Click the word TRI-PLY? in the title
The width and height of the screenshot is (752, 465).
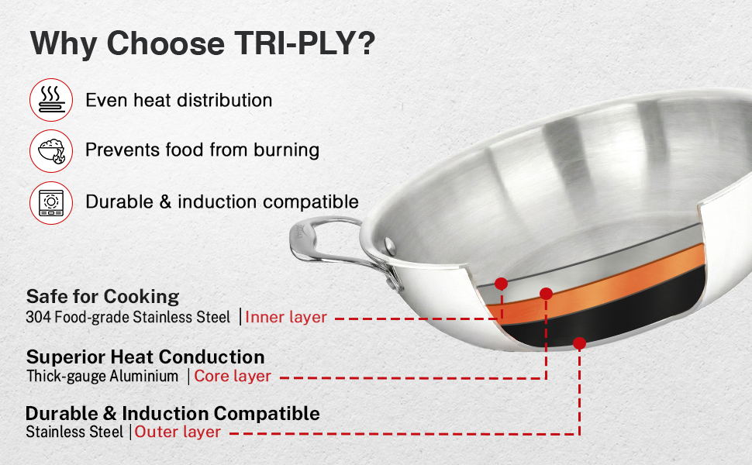click(x=305, y=43)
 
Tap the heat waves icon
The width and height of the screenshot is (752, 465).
click(x=51, y=100)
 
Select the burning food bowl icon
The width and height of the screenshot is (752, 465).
click(x=51, y=151)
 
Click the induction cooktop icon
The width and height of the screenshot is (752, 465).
click(x=51, y=203)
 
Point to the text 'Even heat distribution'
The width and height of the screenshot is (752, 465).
click(x=179, y=100)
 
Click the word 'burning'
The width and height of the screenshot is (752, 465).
click(x=286, y=150)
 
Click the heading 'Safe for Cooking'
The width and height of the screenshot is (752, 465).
click(x=102, y=297)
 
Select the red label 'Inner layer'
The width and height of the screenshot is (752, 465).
click(x=286, y=317)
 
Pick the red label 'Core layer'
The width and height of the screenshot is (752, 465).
click(x=233, y=377)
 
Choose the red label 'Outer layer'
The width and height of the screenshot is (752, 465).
click(x=178, y=432)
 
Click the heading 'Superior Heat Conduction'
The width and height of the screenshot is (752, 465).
click(x=145, y=357)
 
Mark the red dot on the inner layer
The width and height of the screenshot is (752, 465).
click(x=501, y=284)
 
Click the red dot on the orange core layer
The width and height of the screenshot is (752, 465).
click(x=546, y=294)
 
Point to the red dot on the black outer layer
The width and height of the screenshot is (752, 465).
click(x=579, y=343)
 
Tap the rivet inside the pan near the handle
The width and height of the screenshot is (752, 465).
click(x=390, y=246)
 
